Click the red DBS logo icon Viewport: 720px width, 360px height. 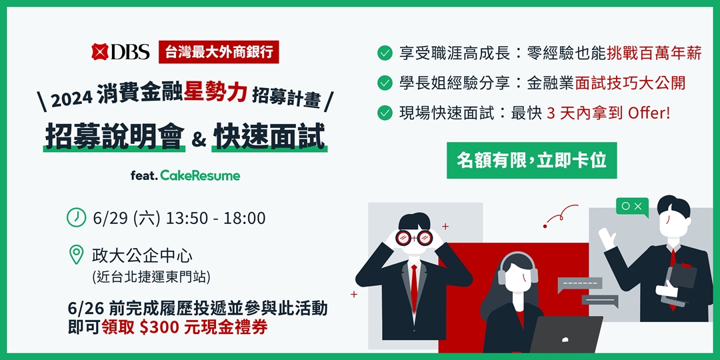tap(101, 52)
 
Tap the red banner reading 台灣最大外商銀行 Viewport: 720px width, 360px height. tap(219, 52)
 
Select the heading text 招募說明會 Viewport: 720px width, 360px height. tap(114, 137)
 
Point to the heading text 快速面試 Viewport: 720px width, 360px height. tap(270, 137)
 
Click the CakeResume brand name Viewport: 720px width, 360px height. tap(200, 176)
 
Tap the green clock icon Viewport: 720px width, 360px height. tap(77, 217)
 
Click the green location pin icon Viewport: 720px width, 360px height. tap(77, 254)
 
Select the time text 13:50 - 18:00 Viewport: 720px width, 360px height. tap(215, 218)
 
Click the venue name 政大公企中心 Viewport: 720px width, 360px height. tap(142, 255)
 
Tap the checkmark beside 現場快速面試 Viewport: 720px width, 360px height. tap(384, 113)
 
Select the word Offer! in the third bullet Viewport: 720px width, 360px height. tap(649, 113)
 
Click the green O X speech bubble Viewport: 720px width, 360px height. tap(631, 206)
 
